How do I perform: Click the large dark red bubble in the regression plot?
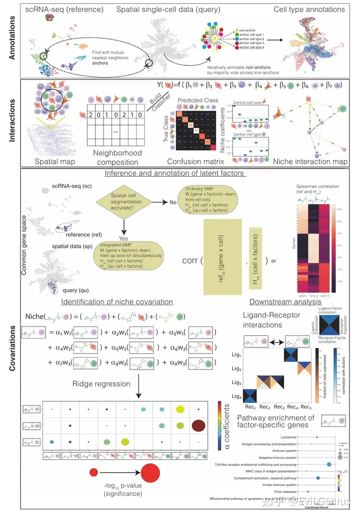198,425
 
